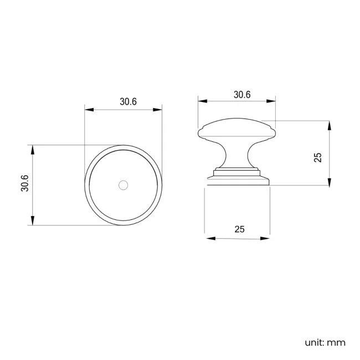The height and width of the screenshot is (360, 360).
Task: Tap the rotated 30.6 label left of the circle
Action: (x=25, y=184)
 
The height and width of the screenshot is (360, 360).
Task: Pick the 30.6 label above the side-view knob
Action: (x=242, y=94)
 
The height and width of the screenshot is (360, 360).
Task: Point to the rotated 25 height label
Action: (x=318, y=157)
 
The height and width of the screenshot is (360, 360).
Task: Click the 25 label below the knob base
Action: (x=239, y=229)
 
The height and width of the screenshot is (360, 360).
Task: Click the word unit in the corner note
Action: (x=313, y=342)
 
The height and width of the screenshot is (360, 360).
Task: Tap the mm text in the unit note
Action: (x=336, y=342)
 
